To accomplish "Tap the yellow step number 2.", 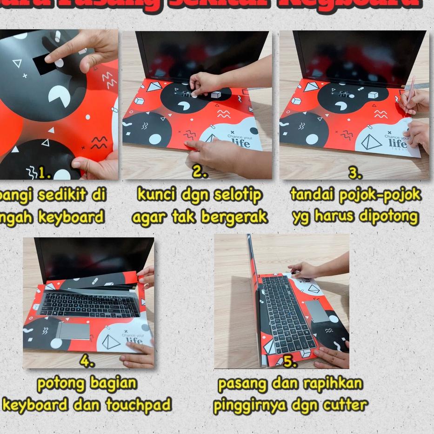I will (200, 173).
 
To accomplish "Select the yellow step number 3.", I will (355, 174).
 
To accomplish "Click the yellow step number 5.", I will (289, 362).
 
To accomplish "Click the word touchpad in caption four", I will (138, 405).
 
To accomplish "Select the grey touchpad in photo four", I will (73, 331).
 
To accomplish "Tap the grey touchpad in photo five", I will (320, 312).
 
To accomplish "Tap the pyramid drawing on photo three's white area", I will (372, 143).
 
